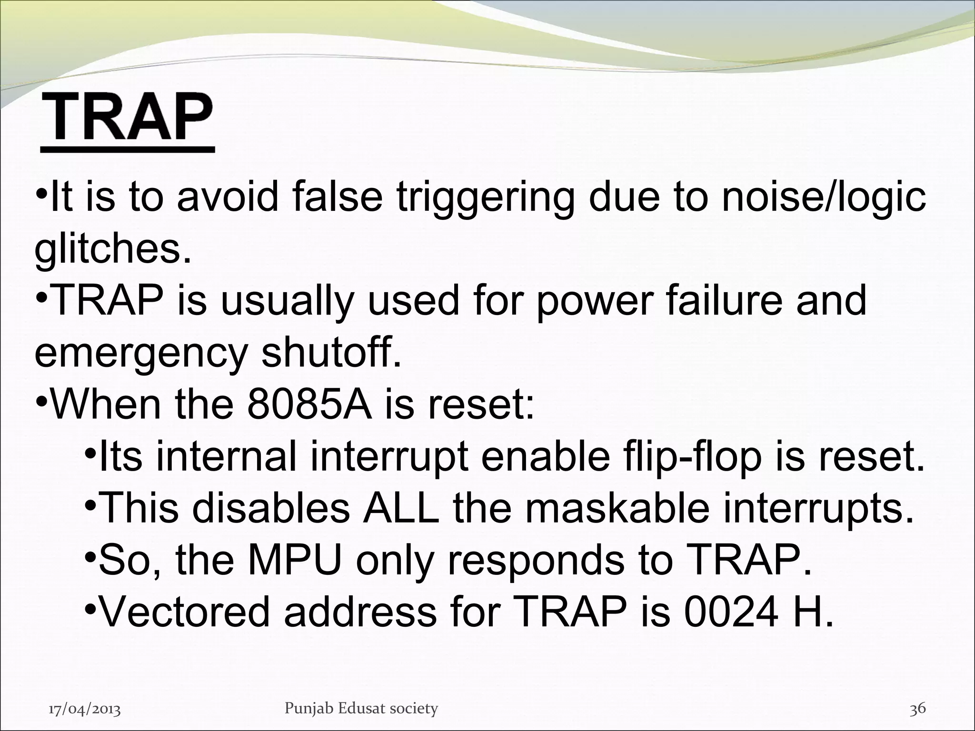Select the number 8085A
pyautogui.click(x=310, y=404)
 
